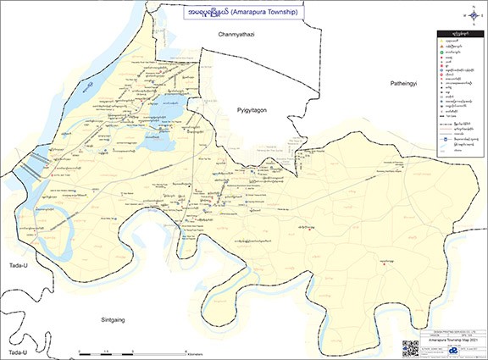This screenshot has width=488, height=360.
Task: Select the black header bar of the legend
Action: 458,31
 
